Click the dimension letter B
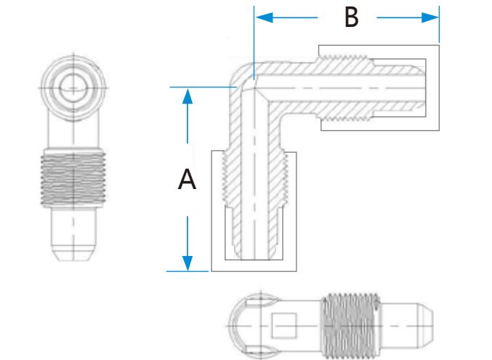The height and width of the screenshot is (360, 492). coord(352,17)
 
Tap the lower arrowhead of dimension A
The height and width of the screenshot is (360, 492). coord(188,263)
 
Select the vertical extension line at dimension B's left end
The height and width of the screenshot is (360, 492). coord(254,44)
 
